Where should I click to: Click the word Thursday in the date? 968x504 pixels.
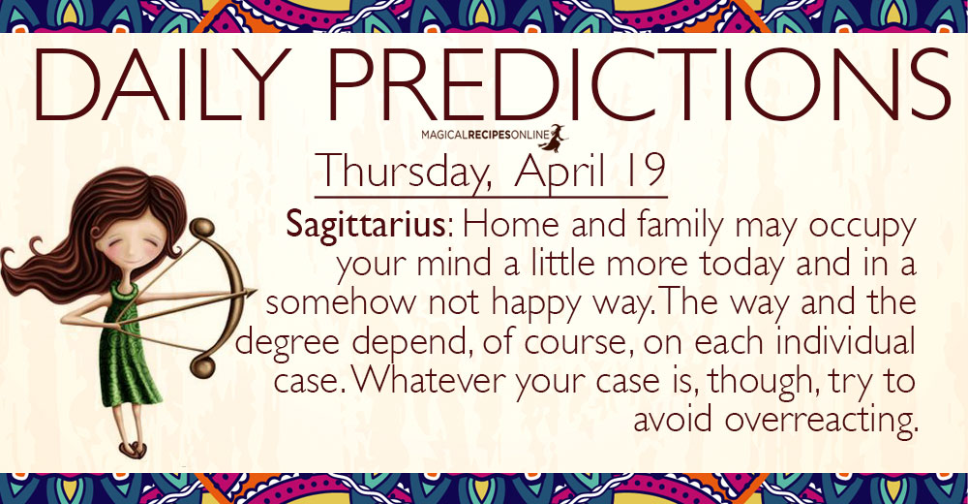click(405, 171)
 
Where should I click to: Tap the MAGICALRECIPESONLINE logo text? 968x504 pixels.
click(484, 134)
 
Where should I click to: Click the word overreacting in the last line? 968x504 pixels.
click(818, 420)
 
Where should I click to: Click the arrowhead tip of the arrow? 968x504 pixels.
click(255, 292)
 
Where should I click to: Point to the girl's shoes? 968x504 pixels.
click(132, 449)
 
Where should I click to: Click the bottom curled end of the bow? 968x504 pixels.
click(202, 367)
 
